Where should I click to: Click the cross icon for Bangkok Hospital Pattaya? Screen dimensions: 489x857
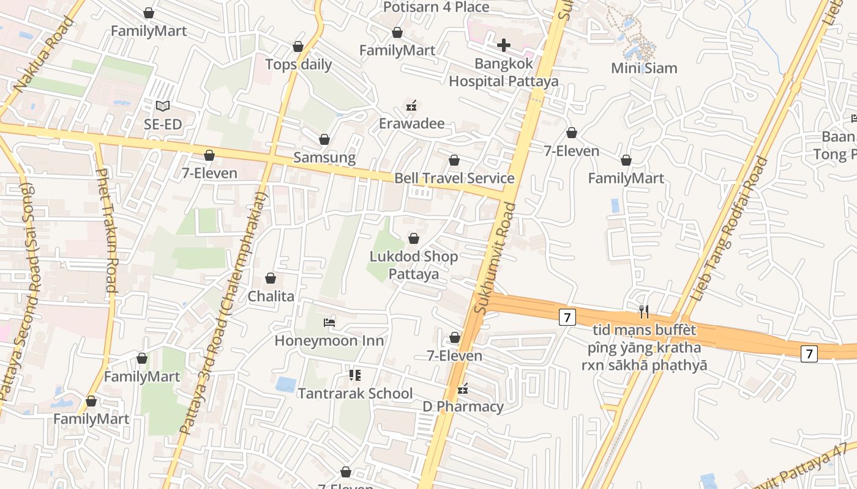pyautogui.click(x=503, y=45)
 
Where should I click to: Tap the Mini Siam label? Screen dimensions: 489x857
pyautogui.click(x=644, y=68)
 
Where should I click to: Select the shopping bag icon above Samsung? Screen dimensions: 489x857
pyautogui.click(x=324, y=140)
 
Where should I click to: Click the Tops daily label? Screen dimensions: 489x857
pyautogui.click(x=298, y=64)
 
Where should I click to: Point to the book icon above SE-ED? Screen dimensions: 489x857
pyautogui.click(x=162, y=106)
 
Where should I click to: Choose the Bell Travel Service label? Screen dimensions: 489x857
pyautogui.click(x=454, y=178)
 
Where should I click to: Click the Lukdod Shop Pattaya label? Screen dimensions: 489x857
pyautogui.click(x=414, y=265)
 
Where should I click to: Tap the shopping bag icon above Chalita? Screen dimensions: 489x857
pyautogui.click(x=271, y=279)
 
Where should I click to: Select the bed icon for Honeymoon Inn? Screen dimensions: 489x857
pyautogui.click(x=329, y=322)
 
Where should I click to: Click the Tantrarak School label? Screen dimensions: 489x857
pyautogui.click(x=355, y=393)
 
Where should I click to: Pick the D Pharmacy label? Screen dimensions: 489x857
pyautogui.click(x=463, y=406)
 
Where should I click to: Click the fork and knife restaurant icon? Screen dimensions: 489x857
pyautogui.click(x=643, y=312)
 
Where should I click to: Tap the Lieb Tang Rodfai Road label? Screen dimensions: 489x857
pyautogui.click(x=729, y=229)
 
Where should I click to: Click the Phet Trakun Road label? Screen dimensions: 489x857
pyautogui.click(x=105, y=230)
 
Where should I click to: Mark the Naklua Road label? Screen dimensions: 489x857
pyautogui.click(x=43, y=56)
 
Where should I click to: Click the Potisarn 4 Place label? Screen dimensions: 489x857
pyautogui.click(x=436, y=7)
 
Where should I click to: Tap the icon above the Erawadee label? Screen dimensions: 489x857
pyautogui.click(x=411, y=106)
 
